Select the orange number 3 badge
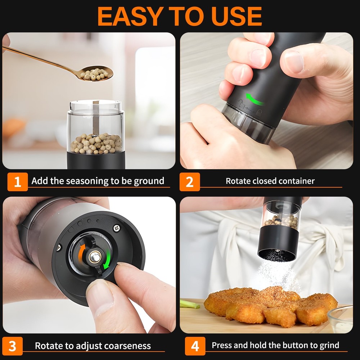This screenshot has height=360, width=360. click(x=12, y=346)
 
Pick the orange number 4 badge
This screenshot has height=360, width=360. click(x=195, y=346)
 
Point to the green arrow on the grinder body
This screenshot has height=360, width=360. click(x=254, y=99)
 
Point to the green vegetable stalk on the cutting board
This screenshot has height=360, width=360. click(x=190, y=304)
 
